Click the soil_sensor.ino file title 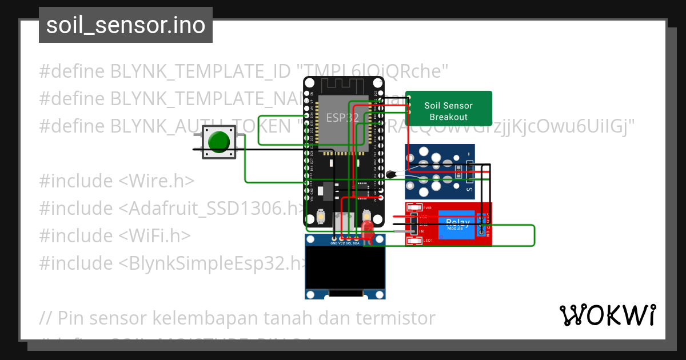click(x=126, y=25)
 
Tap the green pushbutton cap click(x=219, y=142)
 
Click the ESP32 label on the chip click(x=342, y=118)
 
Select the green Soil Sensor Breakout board click(x=449, y=109)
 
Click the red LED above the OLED click(x=366, y=232)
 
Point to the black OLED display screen click(x=345, y=267)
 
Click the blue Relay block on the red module click(x=457, y=225)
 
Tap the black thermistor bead click(x=392, y=174)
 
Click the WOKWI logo click(x=607, y=315)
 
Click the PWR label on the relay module click(x=427, y=208)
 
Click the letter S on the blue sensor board click(x=469, y=189)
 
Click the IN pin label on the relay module click(x=421, y=231)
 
